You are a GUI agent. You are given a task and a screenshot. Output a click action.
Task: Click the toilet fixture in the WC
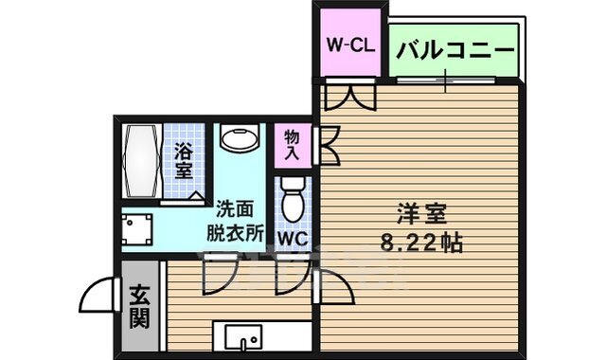click(x=294, y=197)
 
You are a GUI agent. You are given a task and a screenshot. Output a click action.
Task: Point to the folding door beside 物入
click(x=330, y=144)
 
